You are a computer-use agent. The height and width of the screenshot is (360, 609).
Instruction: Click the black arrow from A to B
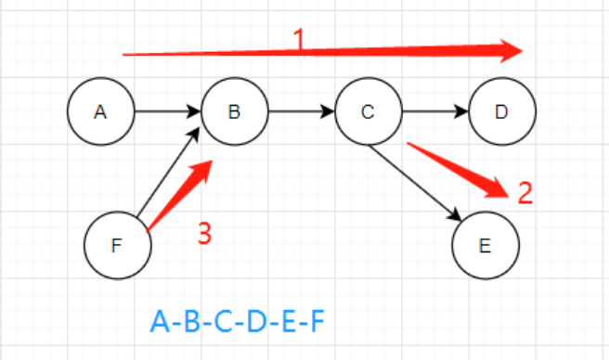click(168, 111)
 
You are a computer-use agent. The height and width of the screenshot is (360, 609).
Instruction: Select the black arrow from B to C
click(302, 111)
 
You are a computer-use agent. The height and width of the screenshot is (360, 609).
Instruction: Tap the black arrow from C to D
click(435, 111)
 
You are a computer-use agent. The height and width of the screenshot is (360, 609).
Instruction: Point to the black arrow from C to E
click(415, 184)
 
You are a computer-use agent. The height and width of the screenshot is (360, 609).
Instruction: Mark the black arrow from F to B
click(168, 172)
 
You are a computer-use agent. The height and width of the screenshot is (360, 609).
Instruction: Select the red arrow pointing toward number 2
click(458, 171)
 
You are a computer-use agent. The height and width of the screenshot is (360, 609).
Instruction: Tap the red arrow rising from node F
click(179, 196)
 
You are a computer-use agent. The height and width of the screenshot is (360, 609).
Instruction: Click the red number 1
click(299, 39)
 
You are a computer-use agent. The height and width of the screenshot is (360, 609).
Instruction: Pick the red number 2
click(525, 193)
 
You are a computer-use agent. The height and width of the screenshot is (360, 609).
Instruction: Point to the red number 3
click(204, 234)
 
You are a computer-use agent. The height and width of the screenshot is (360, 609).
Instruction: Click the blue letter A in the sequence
click(160, 322)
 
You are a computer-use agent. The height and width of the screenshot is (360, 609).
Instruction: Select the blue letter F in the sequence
click(318, 322)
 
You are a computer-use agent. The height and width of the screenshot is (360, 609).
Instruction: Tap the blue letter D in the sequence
click(257, 322)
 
